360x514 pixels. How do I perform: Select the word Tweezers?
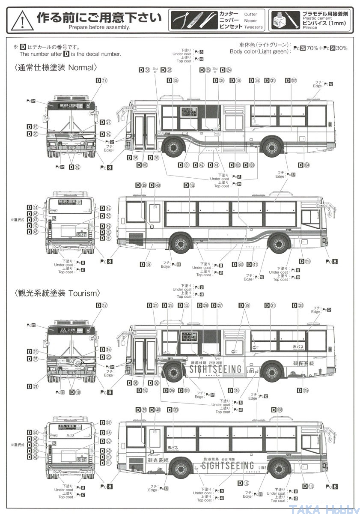pyautogui.click(x=253, y=27)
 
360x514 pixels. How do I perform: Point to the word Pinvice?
pyautogui.click(x=309, y=28)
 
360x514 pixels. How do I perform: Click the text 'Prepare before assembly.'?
pyautogui.click(x=99, y=27)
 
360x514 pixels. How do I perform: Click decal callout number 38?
pyautogui.click(x=147, y=70)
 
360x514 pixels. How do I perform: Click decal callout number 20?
pyautogui.click(x=35, y=134)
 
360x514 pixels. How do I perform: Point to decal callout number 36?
pyautogui.click(x=257, y=81)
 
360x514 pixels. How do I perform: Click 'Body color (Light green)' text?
pyautogui.click(x=259, y=51)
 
